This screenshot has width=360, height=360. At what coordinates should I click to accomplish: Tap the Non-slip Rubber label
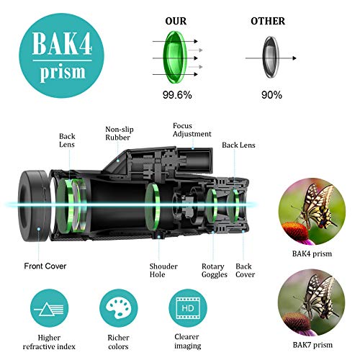point(117,133)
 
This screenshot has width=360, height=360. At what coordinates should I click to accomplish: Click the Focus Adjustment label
point(192,130)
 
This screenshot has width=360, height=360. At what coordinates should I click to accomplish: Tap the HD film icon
point(186,308)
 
